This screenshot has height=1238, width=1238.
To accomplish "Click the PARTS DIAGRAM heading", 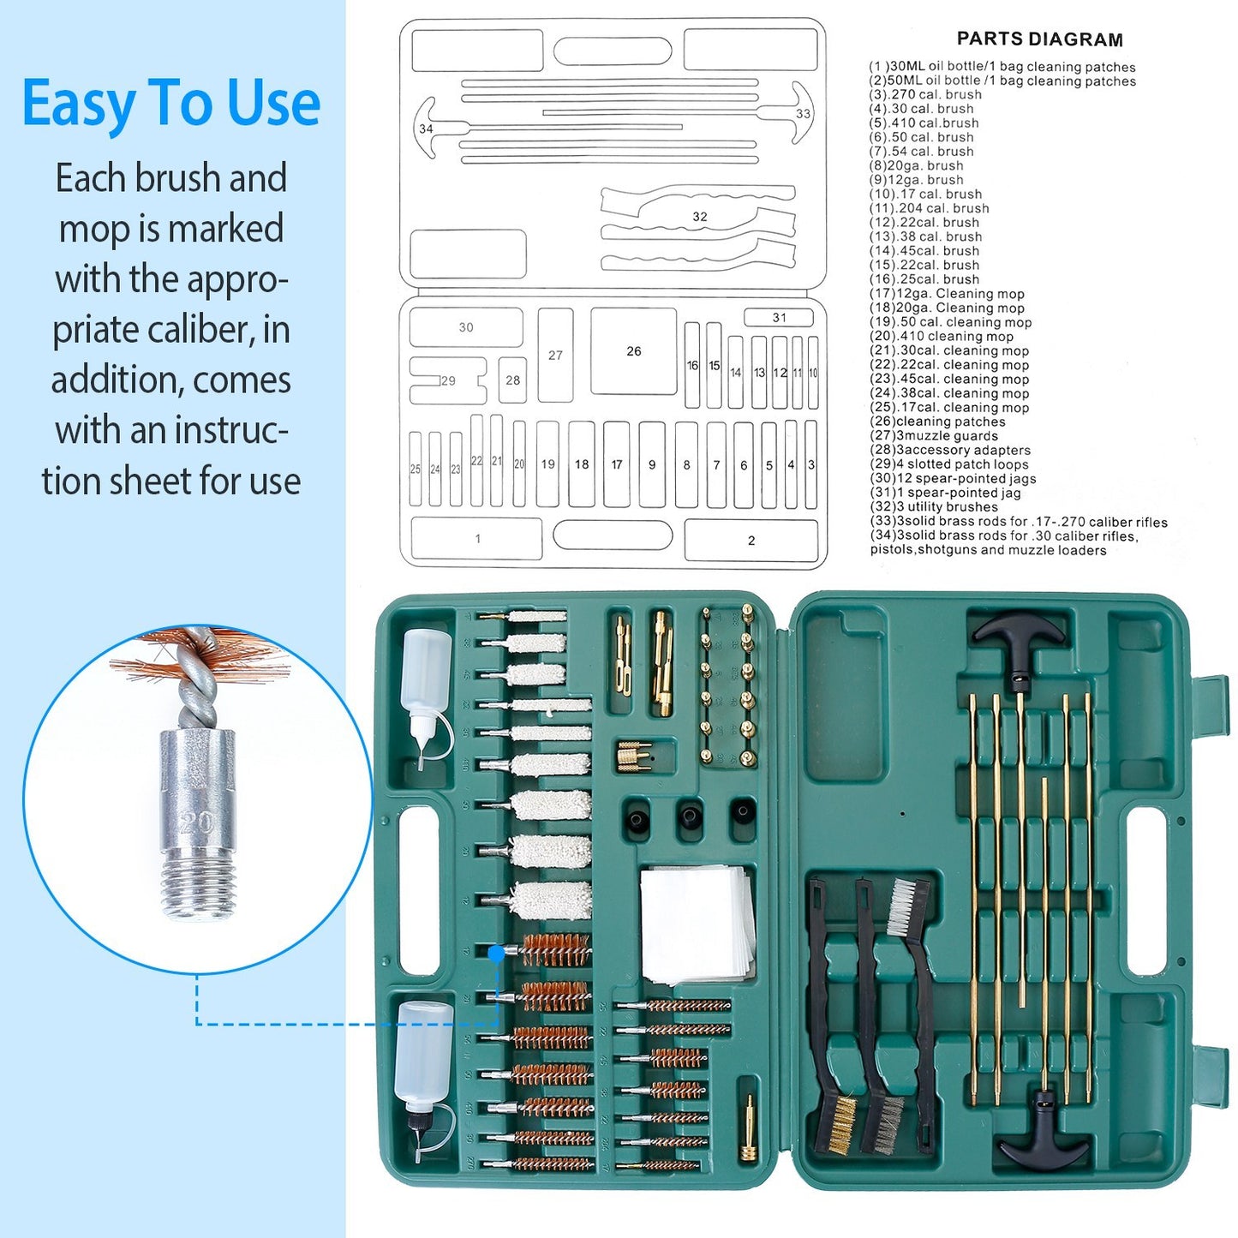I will click(1039, 39).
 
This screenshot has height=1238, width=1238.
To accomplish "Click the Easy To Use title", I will click(171, 104).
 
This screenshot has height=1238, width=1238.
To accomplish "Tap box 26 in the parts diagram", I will click(633, 351).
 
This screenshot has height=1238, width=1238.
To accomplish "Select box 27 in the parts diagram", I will click(555, 355).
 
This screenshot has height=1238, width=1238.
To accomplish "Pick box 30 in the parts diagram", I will click(465, 327).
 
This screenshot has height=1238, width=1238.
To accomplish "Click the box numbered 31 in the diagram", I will click(778, 318).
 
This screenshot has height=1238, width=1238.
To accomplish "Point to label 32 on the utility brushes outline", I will click(700, 217).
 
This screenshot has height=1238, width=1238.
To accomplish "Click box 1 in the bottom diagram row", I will click(477, 539).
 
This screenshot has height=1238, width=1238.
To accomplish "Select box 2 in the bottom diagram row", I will click(751, 541).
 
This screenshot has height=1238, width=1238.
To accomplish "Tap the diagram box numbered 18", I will click(582, 464).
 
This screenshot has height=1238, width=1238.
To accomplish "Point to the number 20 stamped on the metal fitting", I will click(197, 822).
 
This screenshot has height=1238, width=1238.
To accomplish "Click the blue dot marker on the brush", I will click(496, 953).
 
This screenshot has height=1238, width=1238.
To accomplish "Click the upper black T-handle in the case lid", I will click(1019, 638).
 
